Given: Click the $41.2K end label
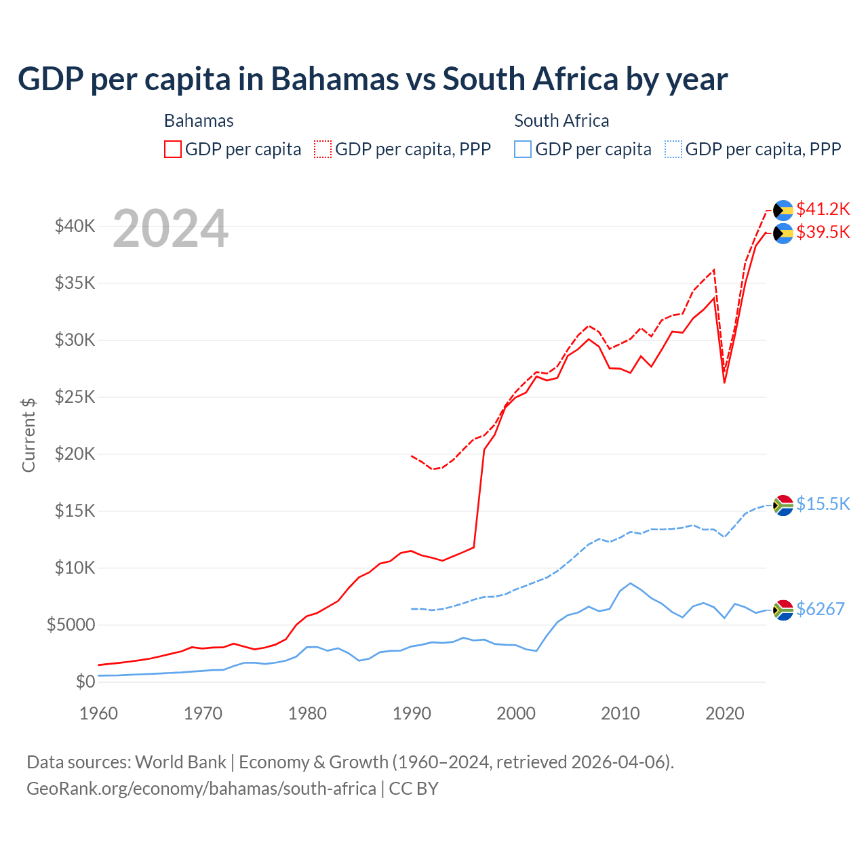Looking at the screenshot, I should [823, 209].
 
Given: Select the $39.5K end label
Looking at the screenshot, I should [823, 233].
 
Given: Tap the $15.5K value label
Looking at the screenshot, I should [823, 504].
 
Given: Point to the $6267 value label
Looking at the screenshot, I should [820, 609].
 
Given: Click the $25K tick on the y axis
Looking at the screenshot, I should [75, 397].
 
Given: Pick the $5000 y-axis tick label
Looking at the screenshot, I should [71, 625].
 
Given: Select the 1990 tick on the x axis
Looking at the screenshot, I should [412, 713].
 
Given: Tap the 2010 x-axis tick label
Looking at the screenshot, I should [620, 713].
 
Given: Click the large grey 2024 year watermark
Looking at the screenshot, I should [170, 229].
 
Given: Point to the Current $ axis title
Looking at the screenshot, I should [28, 435].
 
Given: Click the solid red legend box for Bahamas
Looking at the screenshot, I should [173, 149].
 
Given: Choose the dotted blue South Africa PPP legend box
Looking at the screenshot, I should [673, 149].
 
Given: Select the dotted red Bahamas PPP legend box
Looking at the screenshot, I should [323, 149].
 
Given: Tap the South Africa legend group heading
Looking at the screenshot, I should [561, 121].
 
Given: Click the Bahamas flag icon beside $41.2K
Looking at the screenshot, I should [783, 210].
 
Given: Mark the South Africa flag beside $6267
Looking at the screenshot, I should [783, 610].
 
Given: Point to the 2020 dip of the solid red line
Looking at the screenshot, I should [724, 382].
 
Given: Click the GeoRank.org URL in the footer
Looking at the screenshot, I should [201, 789].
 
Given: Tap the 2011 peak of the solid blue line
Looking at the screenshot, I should [631, 583].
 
